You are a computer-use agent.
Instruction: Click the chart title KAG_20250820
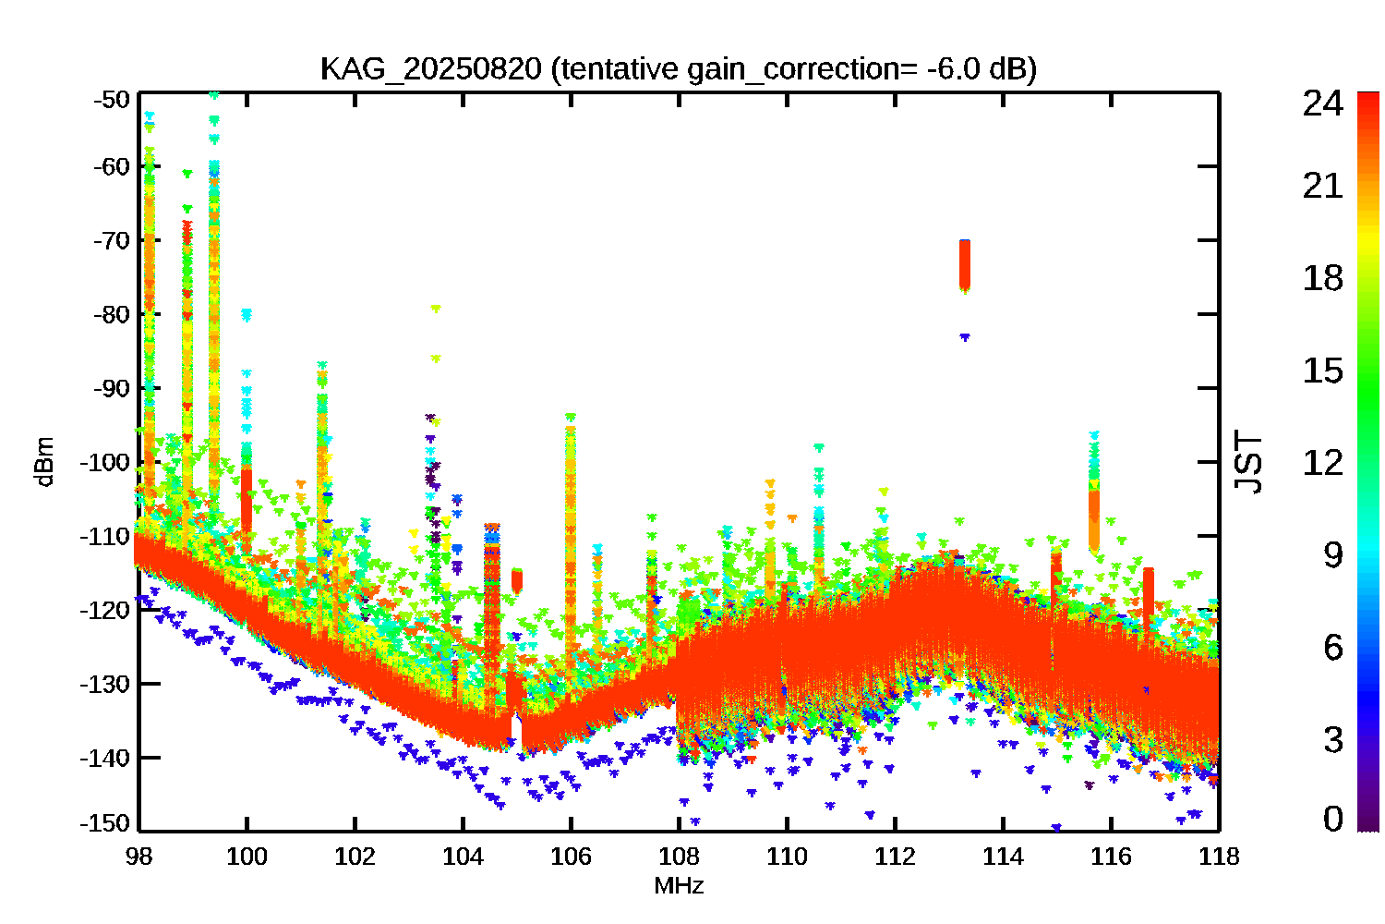coord(430,69)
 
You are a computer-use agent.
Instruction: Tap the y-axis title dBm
coord(43,462)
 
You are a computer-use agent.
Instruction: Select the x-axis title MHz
coord(679,886)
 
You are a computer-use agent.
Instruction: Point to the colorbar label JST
coord(1248,462)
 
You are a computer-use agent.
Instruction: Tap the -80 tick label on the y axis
coord(113,314)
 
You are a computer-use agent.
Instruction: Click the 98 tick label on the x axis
coord(139,857)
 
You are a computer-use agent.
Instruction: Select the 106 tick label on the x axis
coord(571,857)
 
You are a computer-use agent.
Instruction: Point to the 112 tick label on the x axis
coord(895,857)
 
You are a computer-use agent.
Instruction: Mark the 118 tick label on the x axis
coord(1219,857)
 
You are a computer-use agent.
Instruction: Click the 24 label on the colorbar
coord(1322,103)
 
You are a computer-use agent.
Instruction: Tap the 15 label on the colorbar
coord(1322,371)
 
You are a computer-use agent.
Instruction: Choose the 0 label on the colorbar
coord(1332,819)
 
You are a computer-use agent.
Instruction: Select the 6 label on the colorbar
coord(1332,647)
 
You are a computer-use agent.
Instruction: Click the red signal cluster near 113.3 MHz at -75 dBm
coord(965,265)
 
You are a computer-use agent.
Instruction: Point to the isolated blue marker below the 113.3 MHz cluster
coord(965,337)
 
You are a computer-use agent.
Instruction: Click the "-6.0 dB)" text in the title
coord(982,69)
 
